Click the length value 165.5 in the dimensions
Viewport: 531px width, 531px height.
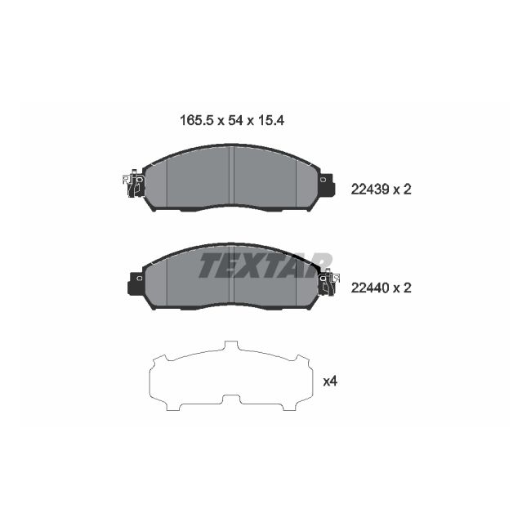(x=196, y=119)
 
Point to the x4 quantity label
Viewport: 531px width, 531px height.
(x=331, y=381)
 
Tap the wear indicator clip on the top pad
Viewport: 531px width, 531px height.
(x=132, y=185)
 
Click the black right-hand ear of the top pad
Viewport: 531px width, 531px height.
(x=327, y=185)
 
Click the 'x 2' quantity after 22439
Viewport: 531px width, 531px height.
(x=401, y=189)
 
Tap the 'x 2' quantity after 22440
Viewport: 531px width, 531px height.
(x=401, y=288)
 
